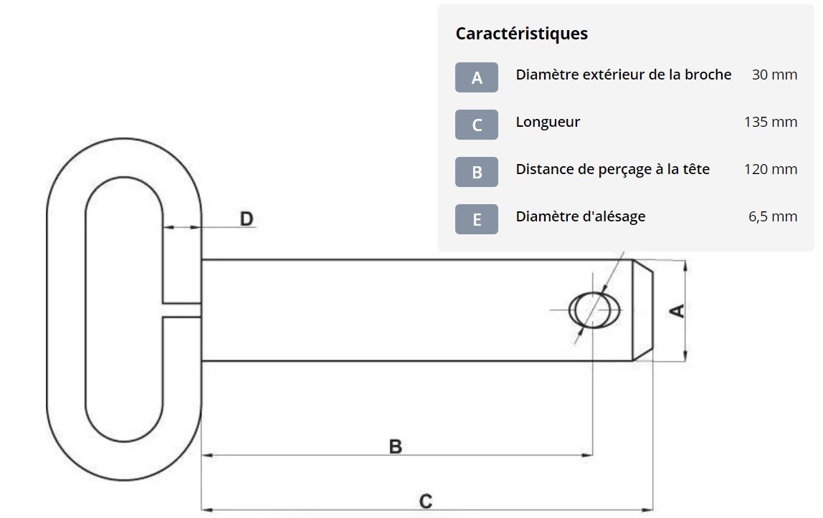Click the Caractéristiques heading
point(521,34)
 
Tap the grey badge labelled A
point(477,77)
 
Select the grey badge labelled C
point(477,125)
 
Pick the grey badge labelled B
point(477,172)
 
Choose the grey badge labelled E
point(477,219)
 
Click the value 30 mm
point(774,75)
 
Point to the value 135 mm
point(771,122)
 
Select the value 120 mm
point(771,169)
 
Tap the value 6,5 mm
point(773,216)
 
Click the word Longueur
point(548,122)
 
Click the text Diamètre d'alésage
point(581,216)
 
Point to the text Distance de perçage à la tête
point(613,169)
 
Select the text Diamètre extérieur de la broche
point(624,75)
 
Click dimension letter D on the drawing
point(246,219)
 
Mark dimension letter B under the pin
point(395,446)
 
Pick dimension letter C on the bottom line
point(425,501)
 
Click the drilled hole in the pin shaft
point(594,310)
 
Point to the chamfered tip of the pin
point(643,310)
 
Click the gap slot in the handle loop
point(181,310)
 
